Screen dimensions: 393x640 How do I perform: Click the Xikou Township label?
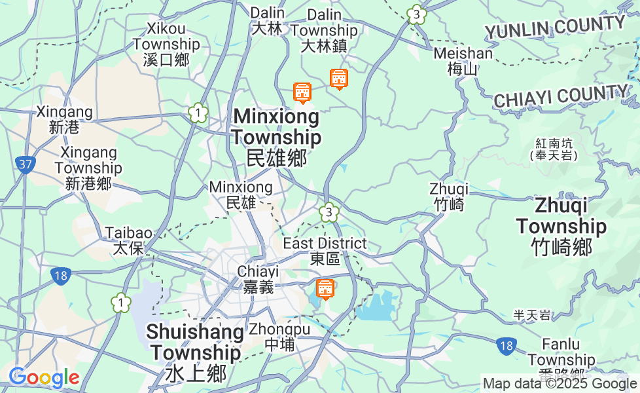166,44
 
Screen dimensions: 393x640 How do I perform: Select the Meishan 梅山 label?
463,61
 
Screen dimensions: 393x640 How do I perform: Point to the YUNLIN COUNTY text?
555,28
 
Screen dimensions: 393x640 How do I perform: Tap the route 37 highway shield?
26,164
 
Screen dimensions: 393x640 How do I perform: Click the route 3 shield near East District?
329,212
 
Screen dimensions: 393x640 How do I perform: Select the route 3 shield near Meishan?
416,14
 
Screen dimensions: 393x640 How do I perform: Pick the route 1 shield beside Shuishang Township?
120,303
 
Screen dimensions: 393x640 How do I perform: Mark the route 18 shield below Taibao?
60,276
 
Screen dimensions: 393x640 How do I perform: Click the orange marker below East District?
325,288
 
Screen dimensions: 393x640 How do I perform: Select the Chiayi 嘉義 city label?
258,279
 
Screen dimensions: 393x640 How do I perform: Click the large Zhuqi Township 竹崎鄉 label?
561,226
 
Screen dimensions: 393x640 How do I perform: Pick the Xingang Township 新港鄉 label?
88,168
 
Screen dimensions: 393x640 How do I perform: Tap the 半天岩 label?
531,316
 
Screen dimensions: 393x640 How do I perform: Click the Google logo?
44,377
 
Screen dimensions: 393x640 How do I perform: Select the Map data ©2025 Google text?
560,384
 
